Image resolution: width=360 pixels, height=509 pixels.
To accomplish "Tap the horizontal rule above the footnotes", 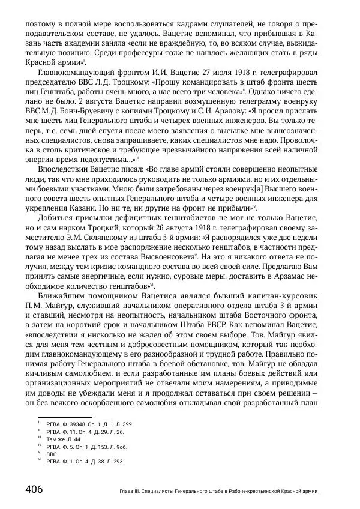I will click(64, 417).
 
